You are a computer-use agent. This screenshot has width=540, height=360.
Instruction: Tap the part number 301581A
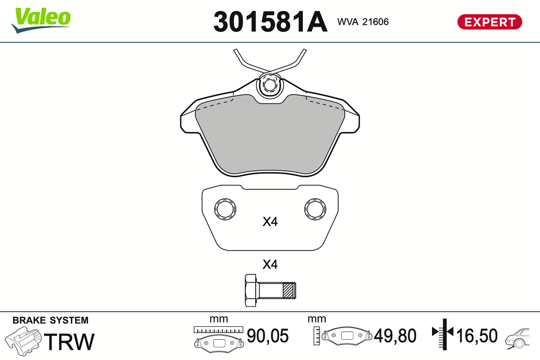270,22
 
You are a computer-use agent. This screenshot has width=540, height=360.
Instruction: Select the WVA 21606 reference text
363,22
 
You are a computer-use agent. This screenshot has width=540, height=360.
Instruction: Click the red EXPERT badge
490,22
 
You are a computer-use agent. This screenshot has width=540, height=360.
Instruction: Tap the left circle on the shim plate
225,209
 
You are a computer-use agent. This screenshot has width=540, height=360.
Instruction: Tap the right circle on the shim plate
315,209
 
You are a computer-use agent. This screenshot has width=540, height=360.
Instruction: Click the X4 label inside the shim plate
270,221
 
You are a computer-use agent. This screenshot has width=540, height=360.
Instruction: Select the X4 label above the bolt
270,265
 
